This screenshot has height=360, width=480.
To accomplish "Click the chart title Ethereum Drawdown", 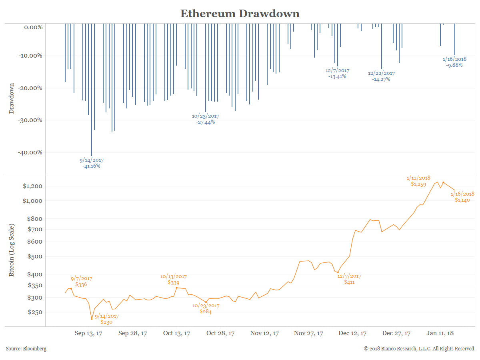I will [x=240, y=13].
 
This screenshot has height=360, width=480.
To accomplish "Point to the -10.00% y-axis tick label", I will [x=31, y=56].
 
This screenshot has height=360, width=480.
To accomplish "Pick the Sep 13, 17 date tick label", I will [x=89, y=333].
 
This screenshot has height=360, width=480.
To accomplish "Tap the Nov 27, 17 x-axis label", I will [x=308, y=333].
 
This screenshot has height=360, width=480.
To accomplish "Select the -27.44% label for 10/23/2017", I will [x=206, y=122].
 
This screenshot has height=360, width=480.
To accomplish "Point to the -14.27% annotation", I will [x=381, y=79].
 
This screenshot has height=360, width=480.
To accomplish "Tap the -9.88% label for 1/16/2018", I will [x=454, y=65].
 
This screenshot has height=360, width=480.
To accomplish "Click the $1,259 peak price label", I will [x=418, y=184].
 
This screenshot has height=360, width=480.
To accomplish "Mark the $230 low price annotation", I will [x=107, y=322].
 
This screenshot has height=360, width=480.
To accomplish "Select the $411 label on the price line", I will [x=350, y=282].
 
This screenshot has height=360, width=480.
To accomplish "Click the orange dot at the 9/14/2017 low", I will [x=92, y=319].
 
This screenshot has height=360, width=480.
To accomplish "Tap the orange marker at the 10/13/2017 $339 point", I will [x=176, y=288].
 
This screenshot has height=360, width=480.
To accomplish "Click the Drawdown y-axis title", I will [x=12, y=98].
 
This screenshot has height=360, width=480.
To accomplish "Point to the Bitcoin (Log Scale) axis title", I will [x=12, y=250].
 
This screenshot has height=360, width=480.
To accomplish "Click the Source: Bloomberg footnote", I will [x=26, y=349].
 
